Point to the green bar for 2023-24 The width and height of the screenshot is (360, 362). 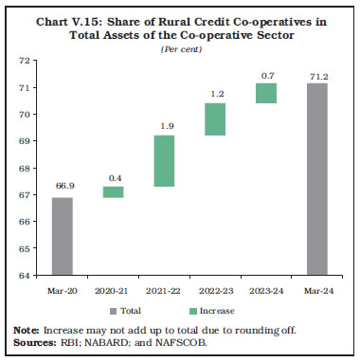(x=266, y=93)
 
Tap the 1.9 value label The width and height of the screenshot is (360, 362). (x=164, y=126)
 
